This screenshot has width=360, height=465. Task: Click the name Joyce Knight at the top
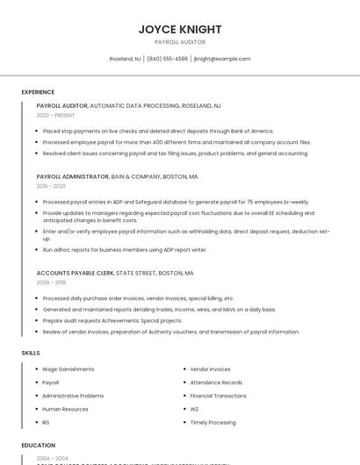click(180, 29)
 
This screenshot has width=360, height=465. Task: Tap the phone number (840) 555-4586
click(167, 59)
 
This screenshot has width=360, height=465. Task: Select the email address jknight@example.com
click(222, 59)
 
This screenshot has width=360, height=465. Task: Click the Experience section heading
click(38, 92)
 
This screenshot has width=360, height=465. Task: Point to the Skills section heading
click(31, 353)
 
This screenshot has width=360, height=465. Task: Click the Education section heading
click(39, 446)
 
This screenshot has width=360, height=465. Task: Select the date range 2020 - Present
click(55, 115)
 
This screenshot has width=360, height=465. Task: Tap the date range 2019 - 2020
click(51, 186)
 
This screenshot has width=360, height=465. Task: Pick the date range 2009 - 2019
click(51, 283)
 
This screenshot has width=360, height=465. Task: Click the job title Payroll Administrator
click(72, 176)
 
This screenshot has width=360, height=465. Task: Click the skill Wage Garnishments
click(68, 369)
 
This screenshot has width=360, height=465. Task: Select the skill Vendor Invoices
click(210, 369)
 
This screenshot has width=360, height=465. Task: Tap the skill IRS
click(46, 422)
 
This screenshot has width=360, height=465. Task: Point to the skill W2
click(194, 409)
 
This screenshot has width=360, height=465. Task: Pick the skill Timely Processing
click(212, 422)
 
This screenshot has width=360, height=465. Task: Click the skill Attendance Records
click(216, 383)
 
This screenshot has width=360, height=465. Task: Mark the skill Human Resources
click(65, 409)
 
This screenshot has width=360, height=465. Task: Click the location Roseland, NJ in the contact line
click(125, 59)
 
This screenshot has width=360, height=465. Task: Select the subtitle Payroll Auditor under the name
click(180, 42)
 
